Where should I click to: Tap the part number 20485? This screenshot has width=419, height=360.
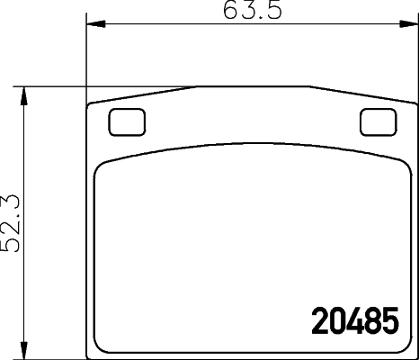click(x=354, y=320)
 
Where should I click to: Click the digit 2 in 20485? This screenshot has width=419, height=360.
click(x=319, y=320)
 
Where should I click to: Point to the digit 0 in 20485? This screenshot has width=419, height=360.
click(x=337, y=320)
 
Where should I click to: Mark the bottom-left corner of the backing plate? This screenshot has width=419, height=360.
click(x=89, y=352)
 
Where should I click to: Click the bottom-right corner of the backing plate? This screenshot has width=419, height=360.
click(x=413, y=352)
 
